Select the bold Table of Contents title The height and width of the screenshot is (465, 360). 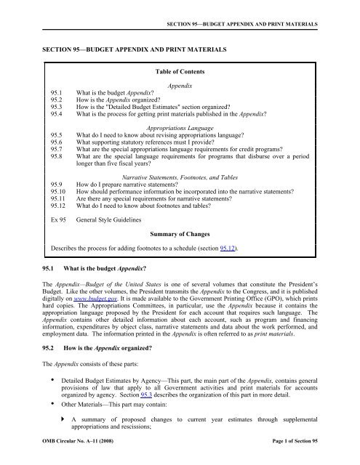point(180,73)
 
